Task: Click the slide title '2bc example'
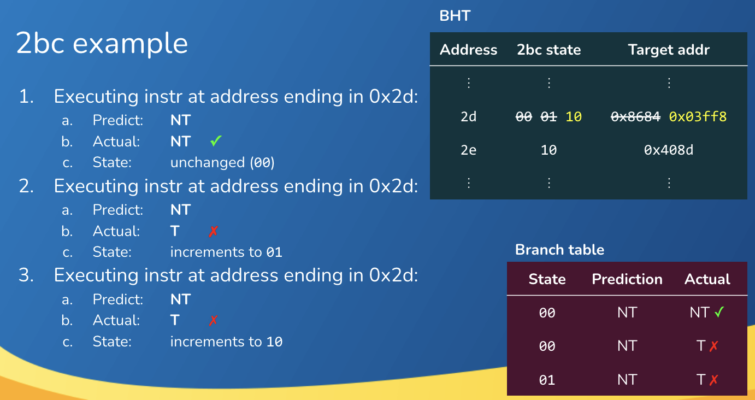pos(102,44)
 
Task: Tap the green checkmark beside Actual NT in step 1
pos(216,140)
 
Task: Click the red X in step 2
pos(214,231)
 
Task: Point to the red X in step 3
pos(214,320)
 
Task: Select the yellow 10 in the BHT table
pos(574,117)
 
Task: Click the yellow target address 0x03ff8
pos(698,117)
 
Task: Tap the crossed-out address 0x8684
pos(636,117)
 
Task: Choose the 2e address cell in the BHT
pos(469,150)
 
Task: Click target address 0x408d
pos(669,150)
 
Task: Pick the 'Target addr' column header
pos(669,50)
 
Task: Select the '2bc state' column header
pos(549,50)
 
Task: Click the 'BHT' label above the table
pos(455,16)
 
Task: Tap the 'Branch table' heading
pos(559,250)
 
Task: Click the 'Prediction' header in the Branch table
pos(627,279)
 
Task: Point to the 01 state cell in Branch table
pos(547,380)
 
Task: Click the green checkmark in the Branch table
pos(719,312)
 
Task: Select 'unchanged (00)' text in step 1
pos(222,162)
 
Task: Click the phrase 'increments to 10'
pos(226,342)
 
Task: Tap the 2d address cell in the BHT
pos(469,117)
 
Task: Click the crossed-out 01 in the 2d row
pos(548,117)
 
